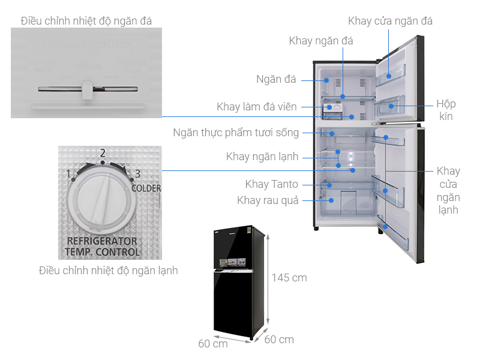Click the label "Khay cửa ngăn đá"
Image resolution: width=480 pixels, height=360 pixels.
[390, 21]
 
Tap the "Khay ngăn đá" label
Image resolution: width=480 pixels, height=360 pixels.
[321, 41]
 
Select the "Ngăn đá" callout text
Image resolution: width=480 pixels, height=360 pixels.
[276, 79]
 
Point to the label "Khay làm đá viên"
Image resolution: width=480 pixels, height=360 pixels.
[257, 107]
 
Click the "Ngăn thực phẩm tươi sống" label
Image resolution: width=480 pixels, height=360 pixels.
[236, 132]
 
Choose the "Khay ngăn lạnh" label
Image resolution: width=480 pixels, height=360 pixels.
[262, 157]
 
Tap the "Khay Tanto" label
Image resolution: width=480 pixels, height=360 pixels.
[271, 184]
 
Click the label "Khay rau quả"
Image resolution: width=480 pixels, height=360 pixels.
[268, 200]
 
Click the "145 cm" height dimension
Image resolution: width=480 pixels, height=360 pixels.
[289, 278]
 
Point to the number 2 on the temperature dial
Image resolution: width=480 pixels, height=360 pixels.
[103, 153]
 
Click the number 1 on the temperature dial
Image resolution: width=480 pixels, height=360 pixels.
[70, 174]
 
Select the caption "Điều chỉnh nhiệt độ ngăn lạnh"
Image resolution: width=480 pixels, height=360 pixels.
[108, 271]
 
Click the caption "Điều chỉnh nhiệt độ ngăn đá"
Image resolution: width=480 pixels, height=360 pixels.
[86, 21]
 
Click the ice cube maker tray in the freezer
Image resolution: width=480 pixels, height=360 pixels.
[331, 109]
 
